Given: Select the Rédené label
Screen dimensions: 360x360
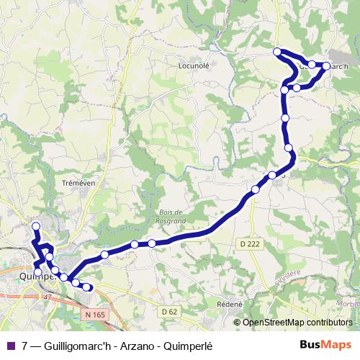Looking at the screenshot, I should pos(230,304).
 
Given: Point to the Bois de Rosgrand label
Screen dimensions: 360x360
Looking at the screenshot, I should pos(171,215).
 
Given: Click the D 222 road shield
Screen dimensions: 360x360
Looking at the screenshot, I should pos(248,244).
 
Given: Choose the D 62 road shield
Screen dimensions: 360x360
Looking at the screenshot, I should pos(170,311).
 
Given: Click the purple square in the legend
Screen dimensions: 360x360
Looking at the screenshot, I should pos(9,345).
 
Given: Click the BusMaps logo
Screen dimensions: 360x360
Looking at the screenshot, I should pos(325,345).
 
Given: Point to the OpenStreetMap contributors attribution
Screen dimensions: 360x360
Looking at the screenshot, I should pos(297,322).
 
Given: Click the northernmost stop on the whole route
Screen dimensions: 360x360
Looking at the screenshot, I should pos(277,51).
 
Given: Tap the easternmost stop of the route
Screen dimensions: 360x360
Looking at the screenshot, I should pos(326,66).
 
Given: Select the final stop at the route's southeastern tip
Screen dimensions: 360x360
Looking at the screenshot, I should pos(87,287).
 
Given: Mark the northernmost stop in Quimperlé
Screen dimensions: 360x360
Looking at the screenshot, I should pos(36,227).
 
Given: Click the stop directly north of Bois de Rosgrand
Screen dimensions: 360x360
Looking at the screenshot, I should pos(152,243).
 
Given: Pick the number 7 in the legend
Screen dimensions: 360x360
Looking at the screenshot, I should pos(26,345).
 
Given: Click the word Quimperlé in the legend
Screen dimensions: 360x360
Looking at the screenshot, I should pos(197,345).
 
